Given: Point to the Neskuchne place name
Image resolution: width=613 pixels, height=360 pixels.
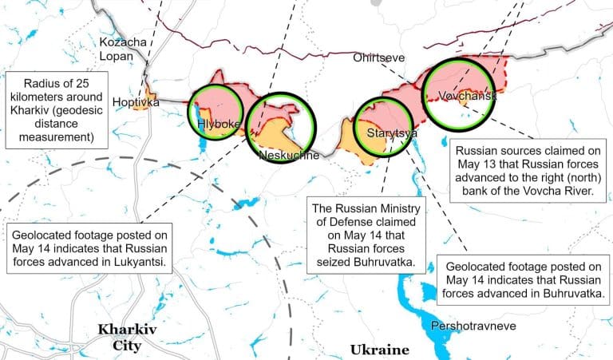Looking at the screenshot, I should tap(289, 155).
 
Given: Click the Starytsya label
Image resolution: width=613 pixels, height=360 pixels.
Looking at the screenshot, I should tap(392, 133).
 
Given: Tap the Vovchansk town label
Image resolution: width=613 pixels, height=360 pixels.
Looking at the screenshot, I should tap(467, 96).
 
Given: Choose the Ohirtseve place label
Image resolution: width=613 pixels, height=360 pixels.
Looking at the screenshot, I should tap(380, 58).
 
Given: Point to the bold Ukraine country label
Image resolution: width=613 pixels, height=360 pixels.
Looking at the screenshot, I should tap(379, 350).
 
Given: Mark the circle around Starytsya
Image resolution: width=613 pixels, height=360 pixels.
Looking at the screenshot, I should tap(382, 127).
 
